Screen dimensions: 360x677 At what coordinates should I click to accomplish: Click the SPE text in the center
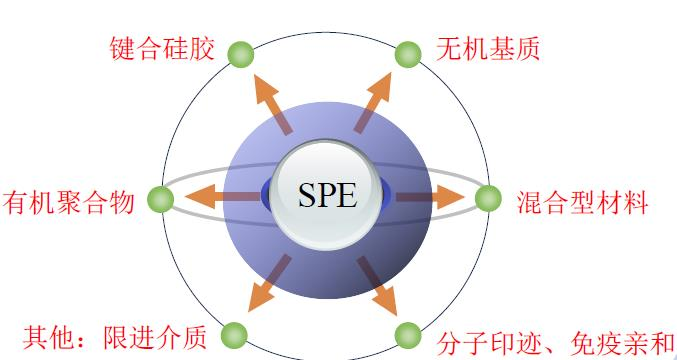(326, 195)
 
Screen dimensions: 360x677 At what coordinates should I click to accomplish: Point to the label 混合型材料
(584, 202)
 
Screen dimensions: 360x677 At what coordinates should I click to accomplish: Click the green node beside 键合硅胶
(240, 54)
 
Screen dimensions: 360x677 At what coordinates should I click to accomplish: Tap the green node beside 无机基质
(408, 54)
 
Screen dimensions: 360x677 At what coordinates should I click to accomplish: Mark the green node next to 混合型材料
(487, 199)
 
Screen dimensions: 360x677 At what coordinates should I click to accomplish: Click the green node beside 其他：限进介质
(234, 334)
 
